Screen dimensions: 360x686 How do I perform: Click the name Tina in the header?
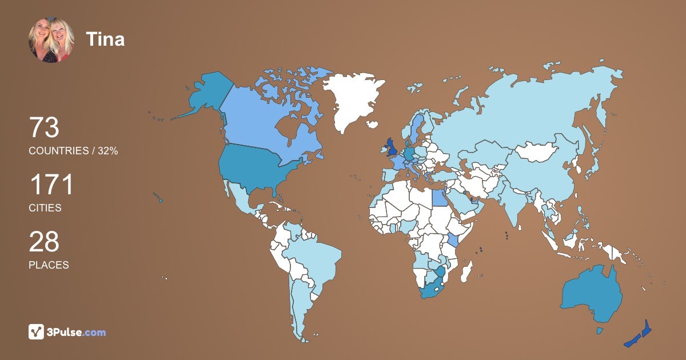(105, 39)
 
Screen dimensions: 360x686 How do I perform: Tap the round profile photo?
(51, 40)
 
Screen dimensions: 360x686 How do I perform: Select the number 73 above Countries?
(44, 128)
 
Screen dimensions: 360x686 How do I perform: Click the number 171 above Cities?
(51, 186)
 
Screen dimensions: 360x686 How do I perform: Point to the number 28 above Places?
(44, 242)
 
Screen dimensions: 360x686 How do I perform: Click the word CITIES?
(45, 208)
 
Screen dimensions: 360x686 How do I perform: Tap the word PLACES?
(49, 265)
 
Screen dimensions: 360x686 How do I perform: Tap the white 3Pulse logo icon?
(37, 332)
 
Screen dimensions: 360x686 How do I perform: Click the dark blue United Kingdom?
(392, 147)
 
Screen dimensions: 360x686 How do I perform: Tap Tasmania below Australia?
(599, 330)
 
